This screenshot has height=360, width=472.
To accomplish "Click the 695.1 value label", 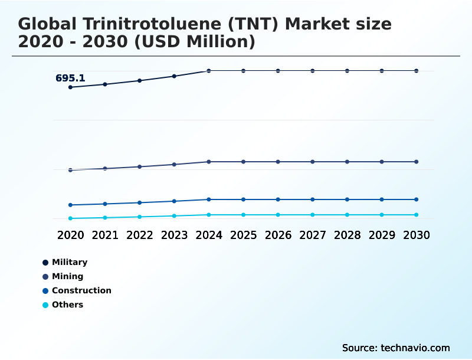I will (x=70, y=78).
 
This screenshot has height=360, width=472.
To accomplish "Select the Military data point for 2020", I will (x=70, y=87).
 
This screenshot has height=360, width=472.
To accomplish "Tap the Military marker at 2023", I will (x=174, y=76).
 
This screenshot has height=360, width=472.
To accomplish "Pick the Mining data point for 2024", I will (x=209, y=162).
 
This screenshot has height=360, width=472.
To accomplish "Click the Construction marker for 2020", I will (x=70, y=205).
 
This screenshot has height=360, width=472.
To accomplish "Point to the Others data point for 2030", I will (x=417, y=215).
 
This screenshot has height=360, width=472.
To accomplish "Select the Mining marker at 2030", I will (x=417, y=162).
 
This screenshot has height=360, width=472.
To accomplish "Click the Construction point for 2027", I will (x=313, y=199).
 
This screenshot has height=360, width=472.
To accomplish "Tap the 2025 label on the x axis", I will (x=243, y=235).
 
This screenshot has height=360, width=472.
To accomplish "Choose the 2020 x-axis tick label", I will (x=70, y=235).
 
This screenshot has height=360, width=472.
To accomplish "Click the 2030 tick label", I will (x=417, y=235).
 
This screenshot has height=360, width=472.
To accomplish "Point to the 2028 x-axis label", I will (x=347, y=235).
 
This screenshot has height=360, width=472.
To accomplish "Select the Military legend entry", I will (x=69, y=262).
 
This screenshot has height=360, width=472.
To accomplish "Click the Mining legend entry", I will (x=67, y=276).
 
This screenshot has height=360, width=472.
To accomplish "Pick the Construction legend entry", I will (x=81, y=290).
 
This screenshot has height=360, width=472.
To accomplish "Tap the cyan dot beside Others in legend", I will (x=45, y=305).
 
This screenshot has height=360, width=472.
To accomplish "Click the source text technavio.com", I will (x=415, y=348).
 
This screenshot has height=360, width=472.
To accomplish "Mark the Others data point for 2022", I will (x=140, y=217).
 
